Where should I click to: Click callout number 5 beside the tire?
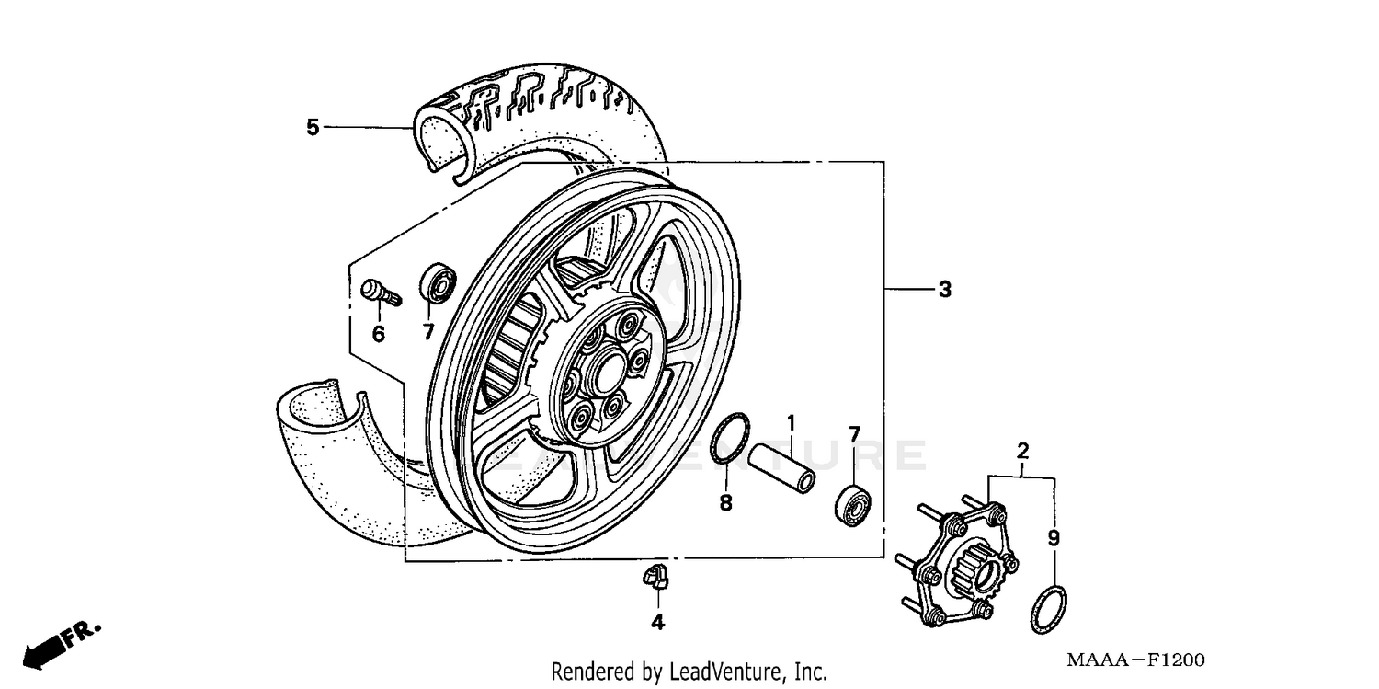[313, 127]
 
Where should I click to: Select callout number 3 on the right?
[944, 290]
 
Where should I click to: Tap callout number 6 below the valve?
[378, 334]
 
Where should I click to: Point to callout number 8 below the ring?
[725, 503]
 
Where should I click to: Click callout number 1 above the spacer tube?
[790, 424]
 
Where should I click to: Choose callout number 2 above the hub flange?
[1022, 451]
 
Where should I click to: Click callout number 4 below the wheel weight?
[657, 623]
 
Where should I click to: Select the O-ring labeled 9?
[1049, 608]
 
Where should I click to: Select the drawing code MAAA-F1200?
[1134, 660]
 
